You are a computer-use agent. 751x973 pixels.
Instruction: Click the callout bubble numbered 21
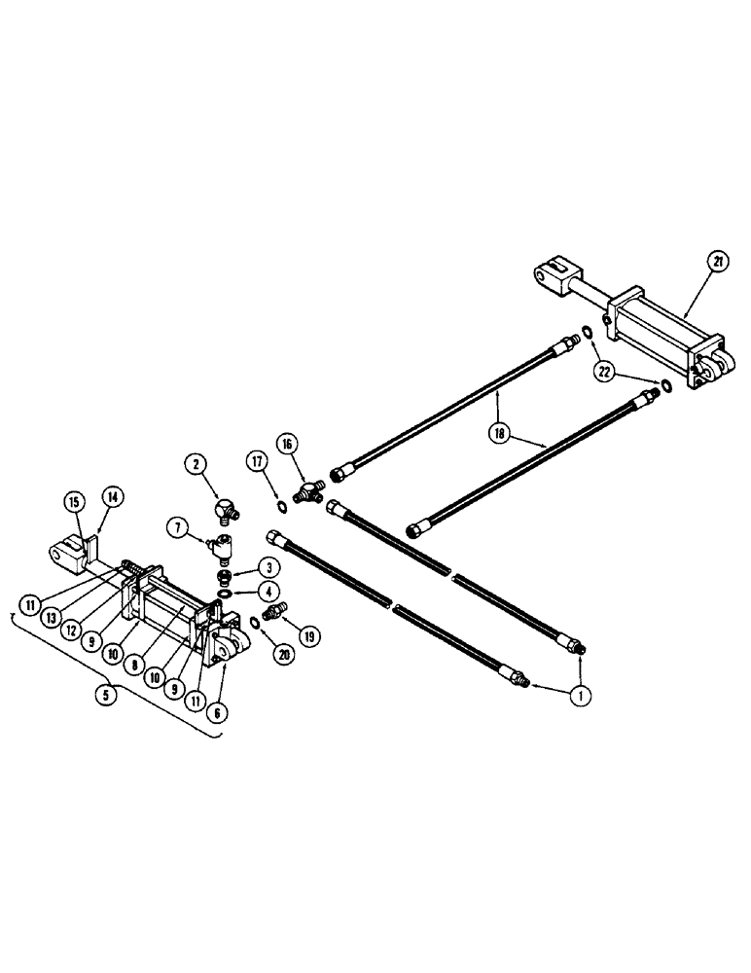pyautogui.click(x=716, y=261)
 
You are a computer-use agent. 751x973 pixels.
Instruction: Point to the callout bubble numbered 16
pyautogui.click(x=288, y=445)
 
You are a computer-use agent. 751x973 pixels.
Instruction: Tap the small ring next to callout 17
pyautogui.click(x=278, y=505)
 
